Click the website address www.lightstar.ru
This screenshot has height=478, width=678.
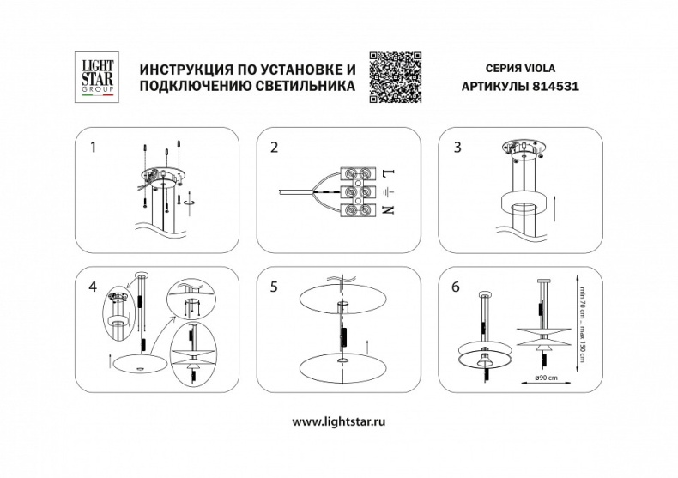(x=339, y=421)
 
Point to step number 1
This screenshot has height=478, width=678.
(x=94, y=148)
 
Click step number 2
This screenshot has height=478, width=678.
(x=275, y=148)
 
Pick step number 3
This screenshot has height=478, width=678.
(x=457, y=148)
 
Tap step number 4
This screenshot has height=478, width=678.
(x=94, y=287)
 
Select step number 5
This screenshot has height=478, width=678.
(x=275, y=287)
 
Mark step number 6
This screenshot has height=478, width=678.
(x=457, y=287)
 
